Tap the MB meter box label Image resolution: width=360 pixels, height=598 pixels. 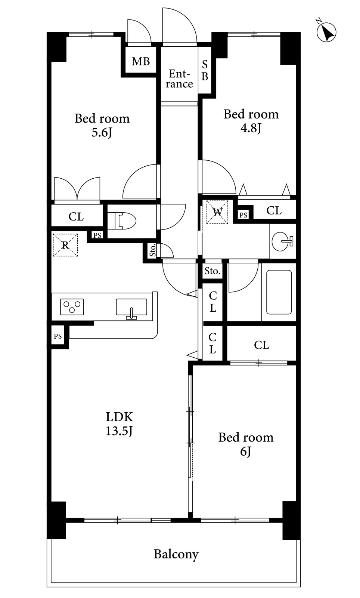point(141,61)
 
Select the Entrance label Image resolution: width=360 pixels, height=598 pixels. point(179,79)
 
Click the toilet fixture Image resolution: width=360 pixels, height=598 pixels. point(122,221)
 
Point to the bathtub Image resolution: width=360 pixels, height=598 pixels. point(279,292)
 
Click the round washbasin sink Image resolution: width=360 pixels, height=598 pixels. point(282,241)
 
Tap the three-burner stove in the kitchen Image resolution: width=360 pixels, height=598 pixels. point(72,307)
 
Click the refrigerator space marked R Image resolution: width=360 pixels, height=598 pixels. point(65,245)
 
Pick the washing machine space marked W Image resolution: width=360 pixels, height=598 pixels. point(217,212)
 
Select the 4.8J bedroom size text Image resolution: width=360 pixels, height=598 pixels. point(251,128)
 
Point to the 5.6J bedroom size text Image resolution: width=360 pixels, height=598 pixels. point(102,133)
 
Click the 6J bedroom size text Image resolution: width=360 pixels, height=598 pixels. point(246,451)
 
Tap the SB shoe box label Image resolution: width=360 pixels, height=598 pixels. point(205,70)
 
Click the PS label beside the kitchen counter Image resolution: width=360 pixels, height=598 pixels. point(58,336)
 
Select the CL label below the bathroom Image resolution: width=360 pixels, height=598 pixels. point(261,345)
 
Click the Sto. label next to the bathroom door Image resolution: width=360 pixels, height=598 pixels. point(212,271)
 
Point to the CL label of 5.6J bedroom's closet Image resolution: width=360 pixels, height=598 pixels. point(76,217)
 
